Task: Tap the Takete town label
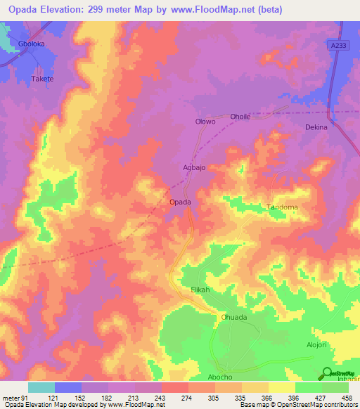pos(42,79)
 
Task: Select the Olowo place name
pos(205,122)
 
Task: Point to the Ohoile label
pos(240,117)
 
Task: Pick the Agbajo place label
pos(194,169)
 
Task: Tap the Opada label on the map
pos(181,202)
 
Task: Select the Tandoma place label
pos(282,207)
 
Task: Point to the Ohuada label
pos(234,317)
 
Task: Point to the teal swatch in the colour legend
pos(41,387)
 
